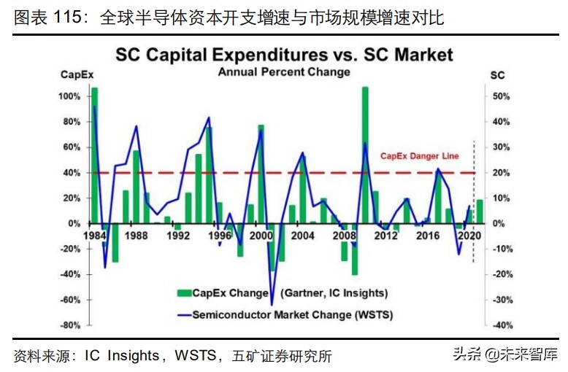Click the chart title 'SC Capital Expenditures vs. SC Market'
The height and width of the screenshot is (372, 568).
click(x=283, y=55)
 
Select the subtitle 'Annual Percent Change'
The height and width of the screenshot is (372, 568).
click(x=283, y=71)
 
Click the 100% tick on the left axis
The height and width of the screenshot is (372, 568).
click(x=70, y=96)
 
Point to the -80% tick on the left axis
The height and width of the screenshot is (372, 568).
click(x=70, y=325)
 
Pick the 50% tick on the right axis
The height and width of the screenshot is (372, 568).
click(x=499, y=96)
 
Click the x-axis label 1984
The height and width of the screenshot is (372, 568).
click(x=94, y=236)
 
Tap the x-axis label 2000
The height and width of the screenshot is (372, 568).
click(x=261, y=236)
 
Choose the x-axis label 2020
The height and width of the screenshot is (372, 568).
click(x=470, y=236)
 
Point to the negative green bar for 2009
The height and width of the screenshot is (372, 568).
click(x=355, y=249)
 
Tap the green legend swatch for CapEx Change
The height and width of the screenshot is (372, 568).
click(x=183, y=293)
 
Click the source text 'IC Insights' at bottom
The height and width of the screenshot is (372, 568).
click(x=121, y=356)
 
